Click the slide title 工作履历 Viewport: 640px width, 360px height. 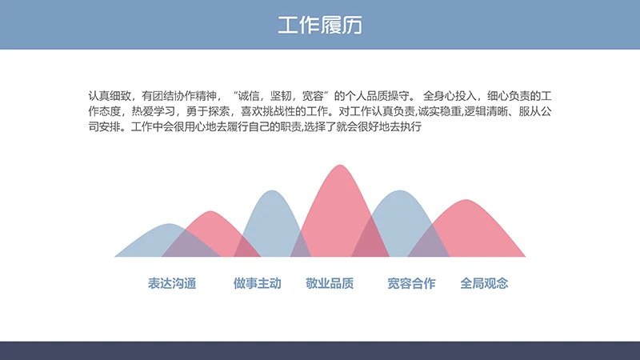tap(320, 25)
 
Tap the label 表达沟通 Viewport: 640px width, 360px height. tap(172, 283)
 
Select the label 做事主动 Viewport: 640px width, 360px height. tap(258, 283)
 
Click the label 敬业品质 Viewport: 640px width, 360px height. tap(330, 283)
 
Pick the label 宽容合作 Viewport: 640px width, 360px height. tap(411, 283)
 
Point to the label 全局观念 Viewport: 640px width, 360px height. tap(484, 283)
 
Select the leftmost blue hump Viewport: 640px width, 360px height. tap(156, 240)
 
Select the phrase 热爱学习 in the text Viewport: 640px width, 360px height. tap(152, 110)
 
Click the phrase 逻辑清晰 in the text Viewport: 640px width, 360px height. tap(475, 110)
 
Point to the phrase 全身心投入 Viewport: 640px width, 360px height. tap(448, 94)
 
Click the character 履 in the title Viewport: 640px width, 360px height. tap(330, 25)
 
